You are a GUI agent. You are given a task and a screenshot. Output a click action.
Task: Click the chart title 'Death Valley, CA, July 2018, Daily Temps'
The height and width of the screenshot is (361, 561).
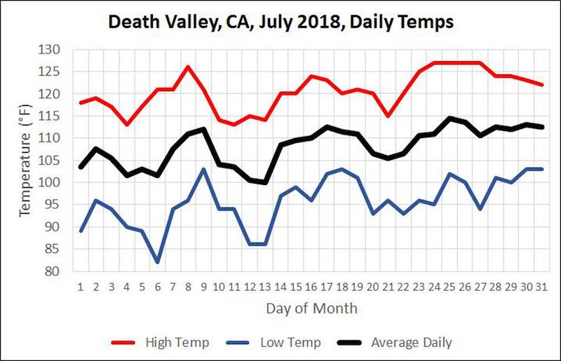[x=280, y=22]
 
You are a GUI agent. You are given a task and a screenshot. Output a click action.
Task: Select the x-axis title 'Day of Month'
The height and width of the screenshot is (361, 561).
[x=311, y=308]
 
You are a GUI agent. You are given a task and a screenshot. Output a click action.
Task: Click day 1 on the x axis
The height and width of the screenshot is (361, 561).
[x=81, y=287]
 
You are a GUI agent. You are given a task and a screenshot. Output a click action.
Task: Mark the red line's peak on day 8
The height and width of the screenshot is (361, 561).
[x=188, y=67]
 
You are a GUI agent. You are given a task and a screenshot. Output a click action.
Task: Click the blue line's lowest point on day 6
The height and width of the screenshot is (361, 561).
[x=157, y=262]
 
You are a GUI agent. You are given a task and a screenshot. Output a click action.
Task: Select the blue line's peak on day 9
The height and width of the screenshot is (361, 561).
[x=203, y=169]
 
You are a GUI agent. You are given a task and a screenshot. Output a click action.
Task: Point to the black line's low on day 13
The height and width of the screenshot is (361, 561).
[x=264, y=182]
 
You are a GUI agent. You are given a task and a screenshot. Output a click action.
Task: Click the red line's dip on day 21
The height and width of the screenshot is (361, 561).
[x=387, y=116]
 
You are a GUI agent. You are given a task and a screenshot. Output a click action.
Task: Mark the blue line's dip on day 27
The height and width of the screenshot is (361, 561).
[x=479, y=209]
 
